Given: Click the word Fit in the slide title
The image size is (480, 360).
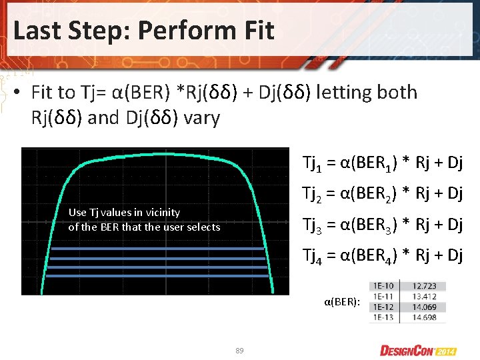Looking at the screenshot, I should [x=256, y=30].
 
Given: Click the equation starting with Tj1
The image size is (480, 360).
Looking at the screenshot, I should [x=382, y=162].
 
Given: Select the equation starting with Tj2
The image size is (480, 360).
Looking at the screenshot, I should [x=382, y=193].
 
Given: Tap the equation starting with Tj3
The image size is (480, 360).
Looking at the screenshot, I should [x=382, y=224].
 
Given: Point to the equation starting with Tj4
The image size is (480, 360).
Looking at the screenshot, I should [x=382, y=255].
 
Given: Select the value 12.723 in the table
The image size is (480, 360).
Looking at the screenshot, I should [x=424, y=286].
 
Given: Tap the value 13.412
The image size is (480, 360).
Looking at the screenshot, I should [x=424, y=296].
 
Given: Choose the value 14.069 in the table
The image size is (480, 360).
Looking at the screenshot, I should [x=424, y=307].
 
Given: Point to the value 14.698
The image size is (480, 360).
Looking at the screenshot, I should [x=424, y=317].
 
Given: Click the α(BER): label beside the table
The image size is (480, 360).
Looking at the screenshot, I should [x=342, y=302].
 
